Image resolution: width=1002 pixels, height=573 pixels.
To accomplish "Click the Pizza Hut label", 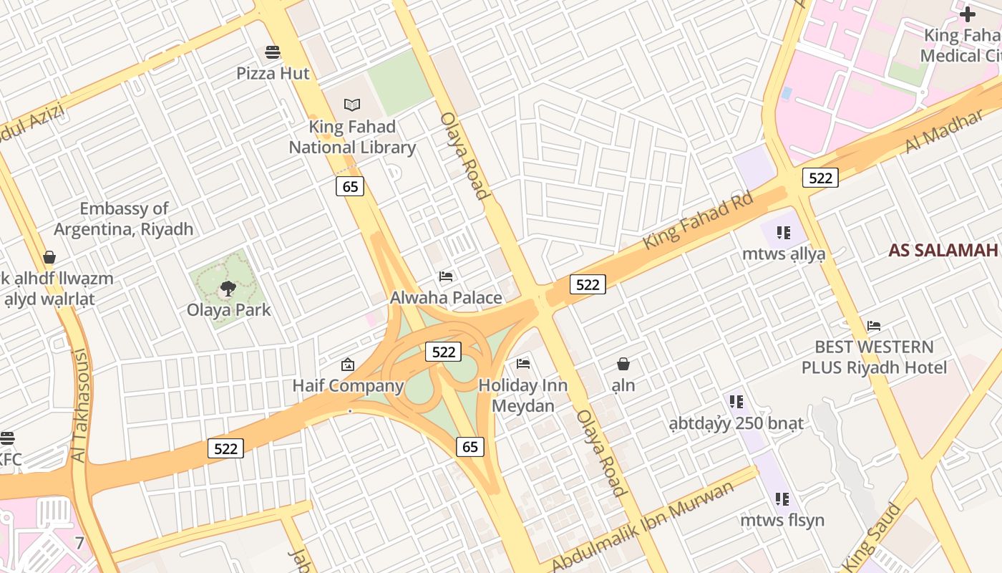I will tap(273, 73).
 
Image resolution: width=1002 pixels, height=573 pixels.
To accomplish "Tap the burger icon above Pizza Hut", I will tap(272, 52).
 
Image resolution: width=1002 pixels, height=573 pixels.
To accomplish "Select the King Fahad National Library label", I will tap(352, 137).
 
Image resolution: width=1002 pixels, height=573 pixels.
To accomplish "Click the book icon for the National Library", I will tap(351, 105).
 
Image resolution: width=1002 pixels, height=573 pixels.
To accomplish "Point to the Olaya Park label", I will tap(229, 310).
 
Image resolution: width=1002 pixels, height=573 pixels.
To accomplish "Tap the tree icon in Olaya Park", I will tap(228, 289).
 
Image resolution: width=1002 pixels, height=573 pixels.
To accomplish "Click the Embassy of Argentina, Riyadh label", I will tap(124, 219).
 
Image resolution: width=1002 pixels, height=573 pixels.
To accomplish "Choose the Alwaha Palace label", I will tap(446, 297).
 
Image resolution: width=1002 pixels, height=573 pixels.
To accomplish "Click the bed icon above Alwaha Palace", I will tap(446, 276).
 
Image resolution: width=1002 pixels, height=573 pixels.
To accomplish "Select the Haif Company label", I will tap(348, 386).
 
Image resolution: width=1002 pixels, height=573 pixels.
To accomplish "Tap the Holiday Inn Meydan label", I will tap(522, 395).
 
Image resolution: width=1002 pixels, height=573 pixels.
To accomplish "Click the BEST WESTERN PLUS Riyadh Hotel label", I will tap(874, 357).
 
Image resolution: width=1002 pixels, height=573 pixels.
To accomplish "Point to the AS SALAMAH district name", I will tap(943, 250).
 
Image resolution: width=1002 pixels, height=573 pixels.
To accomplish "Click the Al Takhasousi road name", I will tap(79, 405).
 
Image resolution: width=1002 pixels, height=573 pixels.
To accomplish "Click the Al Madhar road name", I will tap(944, 131).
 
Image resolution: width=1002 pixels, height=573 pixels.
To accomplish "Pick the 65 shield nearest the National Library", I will tap(350, 186).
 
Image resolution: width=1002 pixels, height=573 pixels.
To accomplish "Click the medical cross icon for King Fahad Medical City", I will tap(968, 14).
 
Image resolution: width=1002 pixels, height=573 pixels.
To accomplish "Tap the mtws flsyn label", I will tap(782, 520).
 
